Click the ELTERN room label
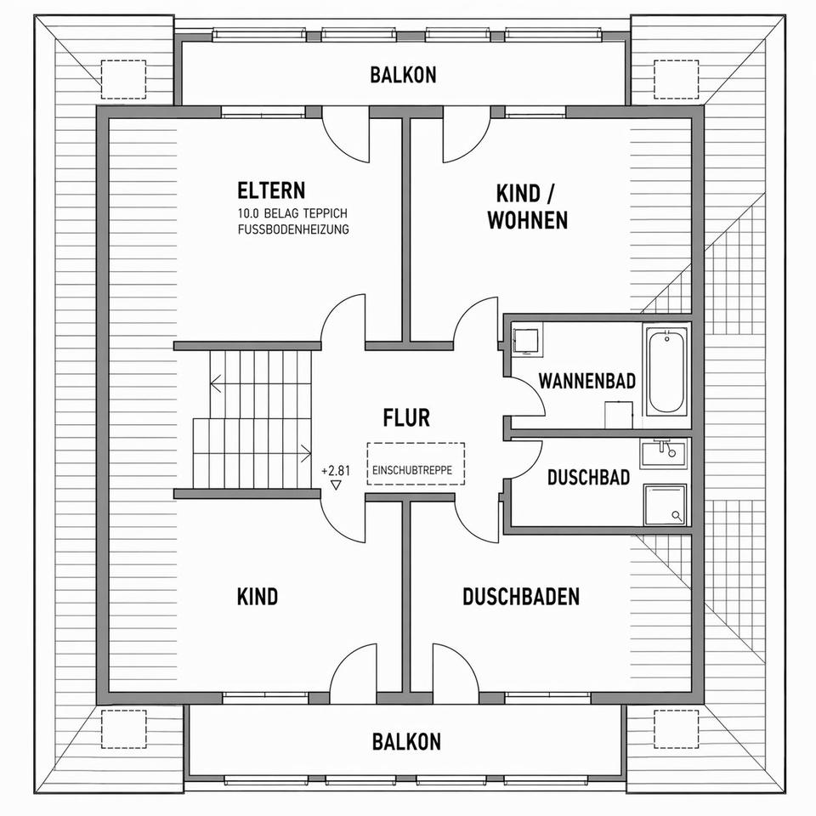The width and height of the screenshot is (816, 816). [x=271, y=190]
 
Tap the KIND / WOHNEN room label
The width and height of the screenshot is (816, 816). [x=527, y=207]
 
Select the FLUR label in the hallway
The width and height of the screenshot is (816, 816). [x=406, y=418]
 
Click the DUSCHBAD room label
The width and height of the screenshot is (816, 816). [x=588, y=477]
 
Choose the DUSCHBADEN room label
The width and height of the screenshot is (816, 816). [x=521, y=597]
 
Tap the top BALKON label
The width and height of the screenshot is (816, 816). [x=403, y=75]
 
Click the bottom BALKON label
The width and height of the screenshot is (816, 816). [x=406, y=741]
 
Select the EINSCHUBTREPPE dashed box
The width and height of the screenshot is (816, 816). [x=416, y=464]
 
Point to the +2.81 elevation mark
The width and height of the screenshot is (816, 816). [x=335, y=470]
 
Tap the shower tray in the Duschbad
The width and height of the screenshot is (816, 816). [x=665, y=504]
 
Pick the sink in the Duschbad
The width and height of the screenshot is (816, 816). [x=664, y=451]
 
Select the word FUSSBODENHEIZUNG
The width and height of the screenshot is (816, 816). [x=293, y=229]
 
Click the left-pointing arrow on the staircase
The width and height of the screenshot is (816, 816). [x=218, y=383]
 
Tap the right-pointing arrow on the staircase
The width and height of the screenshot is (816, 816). [x=305, y=452]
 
